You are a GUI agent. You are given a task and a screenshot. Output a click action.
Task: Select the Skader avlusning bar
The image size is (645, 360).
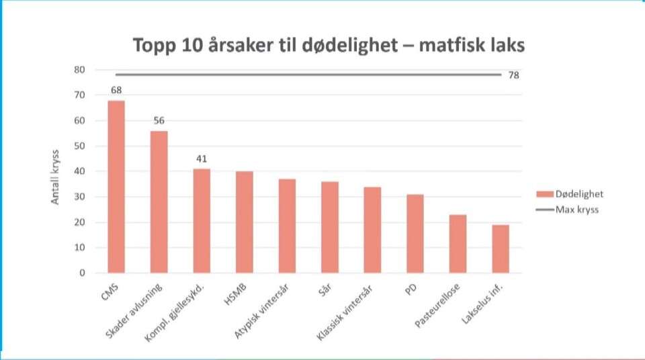(x=159, y=201)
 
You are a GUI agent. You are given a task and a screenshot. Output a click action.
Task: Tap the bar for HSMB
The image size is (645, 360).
(x=244, y=222)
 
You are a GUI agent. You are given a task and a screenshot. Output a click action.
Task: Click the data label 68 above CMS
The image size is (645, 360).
(x=116, y=90)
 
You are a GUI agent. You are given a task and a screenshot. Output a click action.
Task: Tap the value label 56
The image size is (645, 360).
(x=159, y=121)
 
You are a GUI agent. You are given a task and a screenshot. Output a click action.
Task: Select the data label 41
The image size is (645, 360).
(x=202, y=159)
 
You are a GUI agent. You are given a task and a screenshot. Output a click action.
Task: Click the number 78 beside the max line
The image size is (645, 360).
(x=513, y=75)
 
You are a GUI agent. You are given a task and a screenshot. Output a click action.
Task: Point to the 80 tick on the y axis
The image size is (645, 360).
(x=79, y=70)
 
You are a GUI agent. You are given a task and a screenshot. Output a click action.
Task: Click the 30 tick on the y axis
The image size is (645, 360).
(x=79, y=197)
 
